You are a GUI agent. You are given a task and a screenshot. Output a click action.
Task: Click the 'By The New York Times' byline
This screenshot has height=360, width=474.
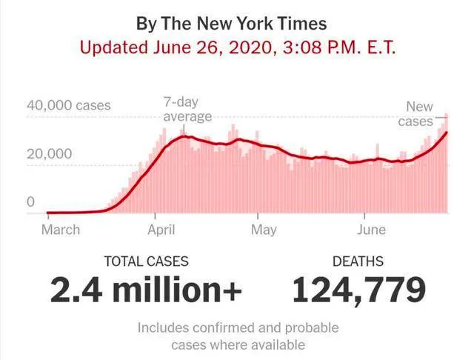(231, 24)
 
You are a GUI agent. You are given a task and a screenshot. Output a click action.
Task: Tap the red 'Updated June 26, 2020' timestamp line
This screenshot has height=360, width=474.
(238, 47)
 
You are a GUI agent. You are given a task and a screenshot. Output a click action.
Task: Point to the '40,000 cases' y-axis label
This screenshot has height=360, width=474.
(69, 105)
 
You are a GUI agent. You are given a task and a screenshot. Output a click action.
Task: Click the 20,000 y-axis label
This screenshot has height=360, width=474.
(50, 154)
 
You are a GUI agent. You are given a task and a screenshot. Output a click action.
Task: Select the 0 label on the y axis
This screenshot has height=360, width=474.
(30, 201)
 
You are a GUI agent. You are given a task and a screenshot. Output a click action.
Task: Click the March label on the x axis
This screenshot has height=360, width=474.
(61, 230)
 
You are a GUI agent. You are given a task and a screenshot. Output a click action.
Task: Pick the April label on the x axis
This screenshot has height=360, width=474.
(161, 230)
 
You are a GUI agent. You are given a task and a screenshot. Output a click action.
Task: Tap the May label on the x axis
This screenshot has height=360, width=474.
(264, 230)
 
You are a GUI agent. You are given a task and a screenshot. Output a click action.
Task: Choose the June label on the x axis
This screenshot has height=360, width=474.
(371, 230)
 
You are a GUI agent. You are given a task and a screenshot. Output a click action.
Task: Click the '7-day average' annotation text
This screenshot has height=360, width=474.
(187, 109)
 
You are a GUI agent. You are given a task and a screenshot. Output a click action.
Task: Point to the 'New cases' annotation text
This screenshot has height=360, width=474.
(415, 114)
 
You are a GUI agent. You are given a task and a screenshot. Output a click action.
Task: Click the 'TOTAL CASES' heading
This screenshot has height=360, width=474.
(147, 261)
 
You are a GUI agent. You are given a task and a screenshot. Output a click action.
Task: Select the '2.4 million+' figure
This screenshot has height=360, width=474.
(146, 290)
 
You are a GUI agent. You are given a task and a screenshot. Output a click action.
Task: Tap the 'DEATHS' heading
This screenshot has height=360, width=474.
(358, 261)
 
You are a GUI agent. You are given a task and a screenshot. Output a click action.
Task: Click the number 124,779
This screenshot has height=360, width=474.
(359, 290)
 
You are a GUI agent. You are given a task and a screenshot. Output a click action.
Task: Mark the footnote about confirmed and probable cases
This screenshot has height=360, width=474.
(238, 336)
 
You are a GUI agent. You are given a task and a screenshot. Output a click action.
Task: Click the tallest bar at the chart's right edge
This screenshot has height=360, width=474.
(446, 163)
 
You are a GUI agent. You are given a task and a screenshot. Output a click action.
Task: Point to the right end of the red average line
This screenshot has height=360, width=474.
(447, 133)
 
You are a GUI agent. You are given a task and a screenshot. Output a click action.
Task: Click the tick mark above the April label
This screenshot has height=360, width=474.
(155, 216)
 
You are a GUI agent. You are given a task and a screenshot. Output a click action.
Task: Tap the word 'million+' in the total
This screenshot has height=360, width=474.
(178, 290)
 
